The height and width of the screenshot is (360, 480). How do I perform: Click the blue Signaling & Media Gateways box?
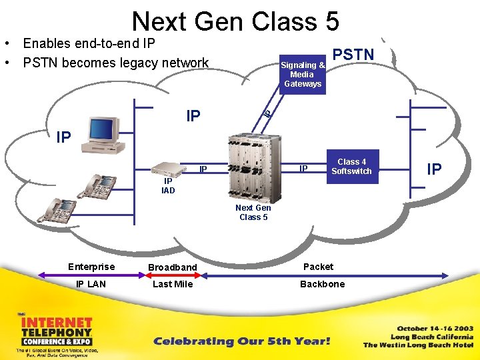(x=302, y=75)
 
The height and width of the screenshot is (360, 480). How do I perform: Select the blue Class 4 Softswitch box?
(x=351, y=167)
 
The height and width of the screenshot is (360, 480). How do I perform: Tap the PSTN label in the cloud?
(x=353, y=55)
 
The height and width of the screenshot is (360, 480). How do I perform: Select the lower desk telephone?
(x=58, y=210)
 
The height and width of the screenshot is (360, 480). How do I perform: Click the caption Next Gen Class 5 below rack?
(x=253, y=213)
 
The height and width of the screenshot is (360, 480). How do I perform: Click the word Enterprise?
(x=91, y=267)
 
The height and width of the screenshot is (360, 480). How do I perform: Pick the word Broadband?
(x=173, y=267)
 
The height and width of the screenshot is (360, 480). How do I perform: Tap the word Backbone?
(x=322, y=284)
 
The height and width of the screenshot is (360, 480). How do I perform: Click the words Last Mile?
(x=173, y=284)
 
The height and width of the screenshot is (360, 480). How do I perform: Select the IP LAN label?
(x=91, y=284)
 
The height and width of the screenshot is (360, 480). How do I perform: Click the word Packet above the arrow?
(x=318, y=267)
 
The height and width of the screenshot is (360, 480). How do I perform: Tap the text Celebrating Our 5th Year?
(x=241, y=341)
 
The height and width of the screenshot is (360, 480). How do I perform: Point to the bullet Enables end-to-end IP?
(x=89, y=44)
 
